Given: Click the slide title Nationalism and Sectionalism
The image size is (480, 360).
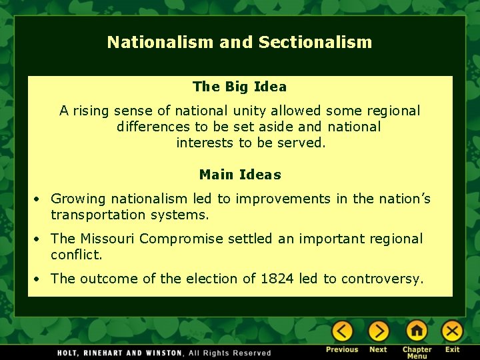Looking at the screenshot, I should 239,43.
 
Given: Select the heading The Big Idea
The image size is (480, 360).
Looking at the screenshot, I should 239,87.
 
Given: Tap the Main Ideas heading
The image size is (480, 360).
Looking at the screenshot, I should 240,175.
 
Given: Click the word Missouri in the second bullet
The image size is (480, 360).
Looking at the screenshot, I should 107,239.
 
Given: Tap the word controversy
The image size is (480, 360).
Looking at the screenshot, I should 382,279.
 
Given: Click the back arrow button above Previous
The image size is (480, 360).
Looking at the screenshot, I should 342,331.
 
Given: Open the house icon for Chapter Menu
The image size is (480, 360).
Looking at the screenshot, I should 417,331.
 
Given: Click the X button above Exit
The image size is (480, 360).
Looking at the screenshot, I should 453,331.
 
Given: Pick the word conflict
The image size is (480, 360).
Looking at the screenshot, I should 76,255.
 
